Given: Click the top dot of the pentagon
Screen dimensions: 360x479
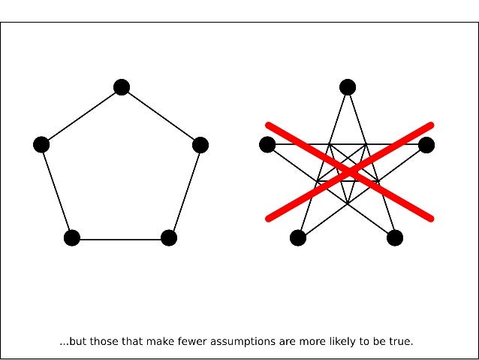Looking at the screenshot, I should pos(122,87).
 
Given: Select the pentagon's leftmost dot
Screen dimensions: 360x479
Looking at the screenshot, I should pos(41,144).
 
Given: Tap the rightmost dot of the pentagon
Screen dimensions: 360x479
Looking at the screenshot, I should pos(200,145).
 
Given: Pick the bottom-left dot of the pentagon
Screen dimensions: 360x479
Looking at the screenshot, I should pos(72,238).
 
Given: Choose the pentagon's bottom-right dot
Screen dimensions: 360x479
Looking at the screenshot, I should pos(169,238).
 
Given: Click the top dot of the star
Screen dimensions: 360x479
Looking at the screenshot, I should pos(347,87).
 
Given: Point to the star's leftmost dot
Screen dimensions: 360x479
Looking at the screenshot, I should pos(267,144).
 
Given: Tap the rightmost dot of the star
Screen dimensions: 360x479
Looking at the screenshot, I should pos(426,145).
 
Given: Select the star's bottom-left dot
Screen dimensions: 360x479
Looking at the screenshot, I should pos(297,238).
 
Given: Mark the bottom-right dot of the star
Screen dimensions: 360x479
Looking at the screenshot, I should pos(395,238).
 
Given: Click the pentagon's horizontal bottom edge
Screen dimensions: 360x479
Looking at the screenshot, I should pos(120,239).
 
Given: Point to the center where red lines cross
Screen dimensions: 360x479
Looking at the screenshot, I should pos(350,172).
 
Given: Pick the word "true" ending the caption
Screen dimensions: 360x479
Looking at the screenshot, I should pos(401,342).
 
